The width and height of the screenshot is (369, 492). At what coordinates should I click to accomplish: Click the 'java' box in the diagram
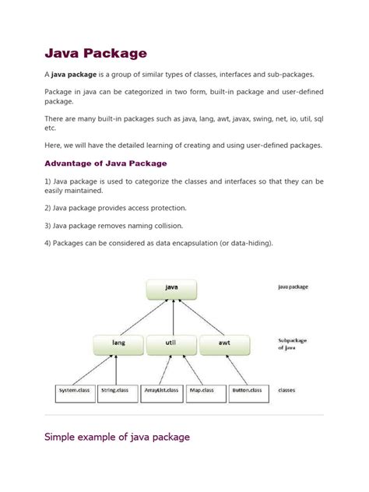[172, 289]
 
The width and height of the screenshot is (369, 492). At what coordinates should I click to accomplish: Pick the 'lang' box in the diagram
[118, 343]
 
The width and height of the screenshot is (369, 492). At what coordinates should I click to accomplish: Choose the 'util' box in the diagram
[171, 343]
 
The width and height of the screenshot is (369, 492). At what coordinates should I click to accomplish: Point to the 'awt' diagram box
[225, 343]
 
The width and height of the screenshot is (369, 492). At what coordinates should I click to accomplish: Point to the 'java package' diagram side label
[293, 286]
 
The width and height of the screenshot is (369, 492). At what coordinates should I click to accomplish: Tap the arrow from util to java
[172, 318]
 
